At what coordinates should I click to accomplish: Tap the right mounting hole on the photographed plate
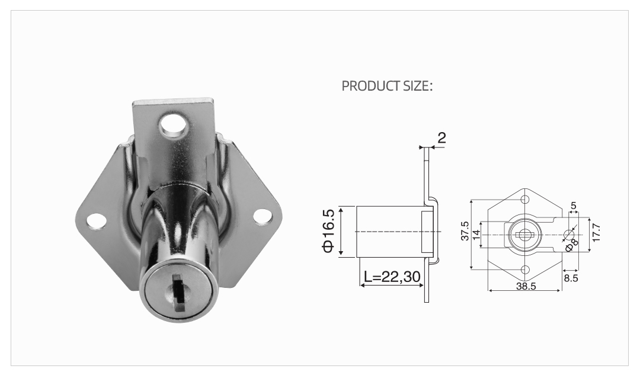point(261,217)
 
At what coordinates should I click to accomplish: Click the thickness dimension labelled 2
point(441,138)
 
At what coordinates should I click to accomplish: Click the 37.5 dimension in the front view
point(465,231)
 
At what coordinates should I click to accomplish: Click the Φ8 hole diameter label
point(571,245)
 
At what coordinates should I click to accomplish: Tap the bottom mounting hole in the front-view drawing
point(524,270)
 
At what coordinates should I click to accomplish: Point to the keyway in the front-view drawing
point(524,235)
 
